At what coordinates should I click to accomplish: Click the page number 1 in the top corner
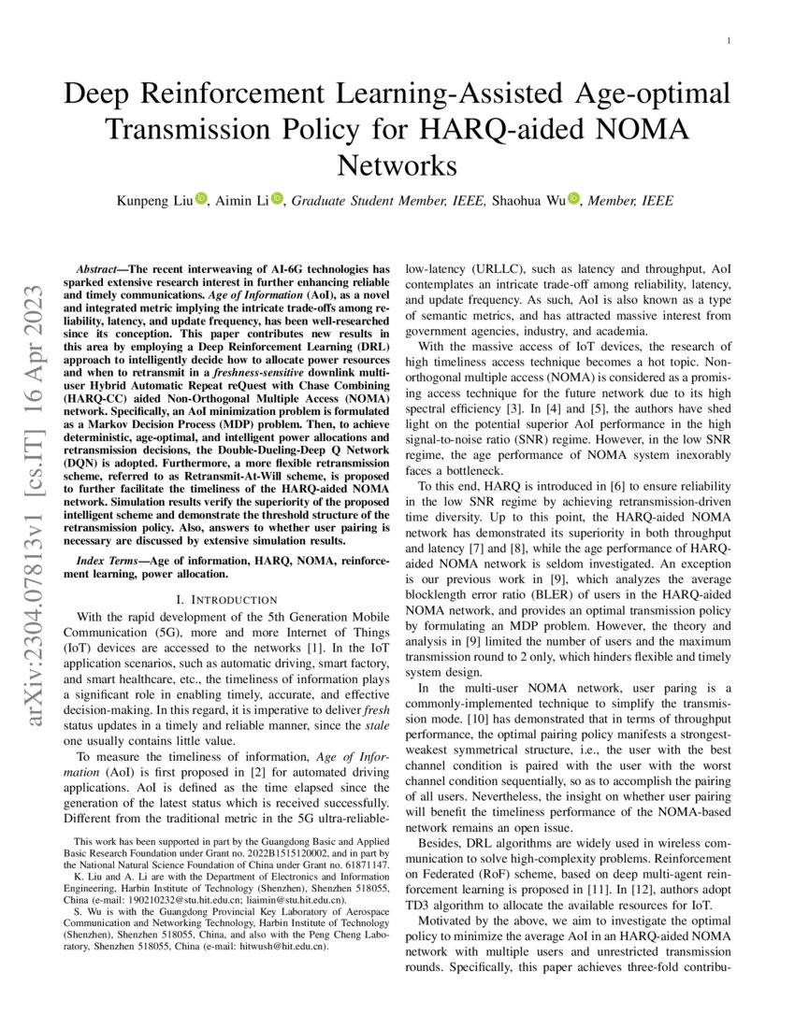pyautogui.click(x=729, y=41)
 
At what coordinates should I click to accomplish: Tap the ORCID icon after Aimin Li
pyautogui.click(x=277, y=200)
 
